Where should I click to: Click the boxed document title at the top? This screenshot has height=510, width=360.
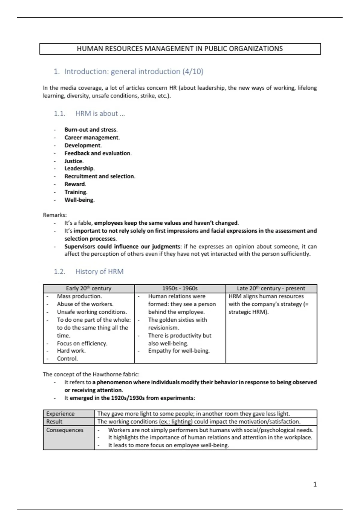pos(180,49)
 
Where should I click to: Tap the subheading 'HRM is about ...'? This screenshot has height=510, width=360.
pos(100,113)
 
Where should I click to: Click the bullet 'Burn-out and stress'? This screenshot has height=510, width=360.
pos(91,130)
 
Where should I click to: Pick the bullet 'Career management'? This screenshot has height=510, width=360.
pos(92,137)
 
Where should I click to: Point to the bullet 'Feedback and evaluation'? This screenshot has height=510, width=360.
pos(98,153)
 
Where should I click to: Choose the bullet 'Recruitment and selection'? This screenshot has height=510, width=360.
pos(100,176)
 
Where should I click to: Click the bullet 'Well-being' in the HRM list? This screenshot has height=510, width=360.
pos(79,200)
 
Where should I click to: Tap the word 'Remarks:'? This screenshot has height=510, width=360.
pos(55,215)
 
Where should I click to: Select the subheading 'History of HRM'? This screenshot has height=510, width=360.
pos(99,271)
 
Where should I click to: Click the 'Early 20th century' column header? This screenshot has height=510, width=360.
pos(88,288)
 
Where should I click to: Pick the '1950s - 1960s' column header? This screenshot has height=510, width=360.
pos(180,288)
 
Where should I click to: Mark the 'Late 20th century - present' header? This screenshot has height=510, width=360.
pos(271,288)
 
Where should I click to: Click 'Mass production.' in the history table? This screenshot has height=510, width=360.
pos(79,296)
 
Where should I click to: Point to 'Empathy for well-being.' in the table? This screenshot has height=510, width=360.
pos(179,351)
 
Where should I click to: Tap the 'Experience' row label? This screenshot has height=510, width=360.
pos(60,414)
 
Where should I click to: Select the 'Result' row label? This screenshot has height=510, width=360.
pos(54,421)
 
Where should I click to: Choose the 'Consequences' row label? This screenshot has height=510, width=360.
pos(65,430)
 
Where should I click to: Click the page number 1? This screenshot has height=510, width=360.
pos(315,484)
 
